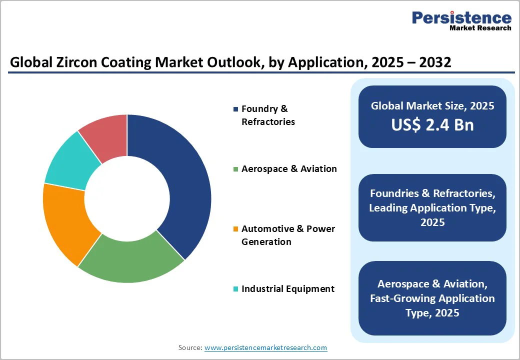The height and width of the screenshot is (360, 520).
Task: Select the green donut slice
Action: [x=131, y=260]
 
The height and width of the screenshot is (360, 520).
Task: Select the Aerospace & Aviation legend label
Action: [x=289, y=169]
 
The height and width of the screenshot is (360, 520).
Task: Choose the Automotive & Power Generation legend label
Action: [x=288, y=235]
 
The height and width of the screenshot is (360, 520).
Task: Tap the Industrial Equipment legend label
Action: [x=287, y=289]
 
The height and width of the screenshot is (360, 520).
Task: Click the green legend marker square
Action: [x=235, y=169]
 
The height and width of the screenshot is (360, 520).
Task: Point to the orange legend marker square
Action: [x=235, y=229]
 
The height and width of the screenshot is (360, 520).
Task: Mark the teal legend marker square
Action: [x=235, y=289]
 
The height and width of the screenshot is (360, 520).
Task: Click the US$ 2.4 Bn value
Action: [x=432, y=125]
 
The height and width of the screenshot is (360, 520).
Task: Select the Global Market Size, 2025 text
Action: [x=432, y=106]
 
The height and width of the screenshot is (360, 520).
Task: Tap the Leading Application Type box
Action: [x=432, y=207]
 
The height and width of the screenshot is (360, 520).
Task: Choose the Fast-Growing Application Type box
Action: [x=432, y=298]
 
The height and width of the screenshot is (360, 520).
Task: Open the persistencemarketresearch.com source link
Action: [x=265, y=347]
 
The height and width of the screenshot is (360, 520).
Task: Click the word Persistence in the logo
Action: [x=461, y=18]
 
